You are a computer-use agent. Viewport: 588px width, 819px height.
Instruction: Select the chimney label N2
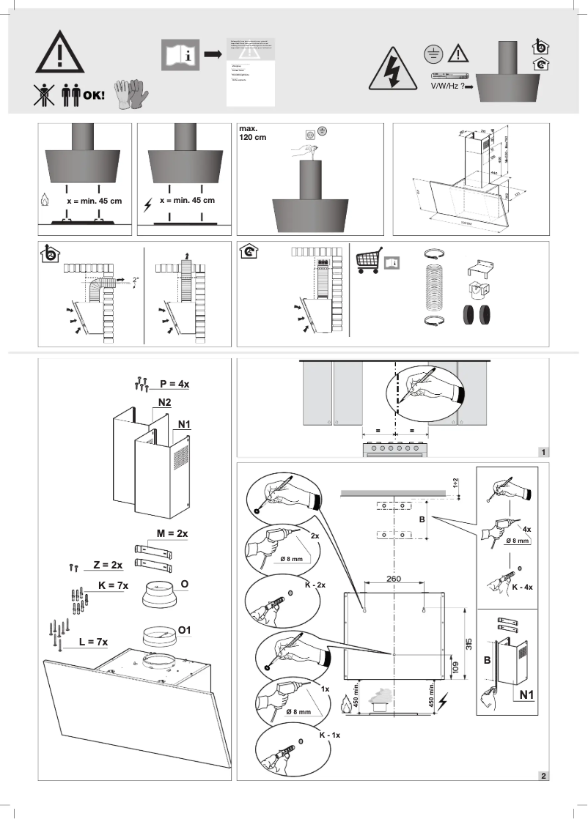(x=163, y=404)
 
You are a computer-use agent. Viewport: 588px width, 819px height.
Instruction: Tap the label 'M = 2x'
(x=171, y=534)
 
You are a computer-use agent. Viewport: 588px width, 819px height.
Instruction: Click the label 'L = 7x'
(x=93, y=642)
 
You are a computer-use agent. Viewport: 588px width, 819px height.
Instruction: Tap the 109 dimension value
(x=455, y=667)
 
